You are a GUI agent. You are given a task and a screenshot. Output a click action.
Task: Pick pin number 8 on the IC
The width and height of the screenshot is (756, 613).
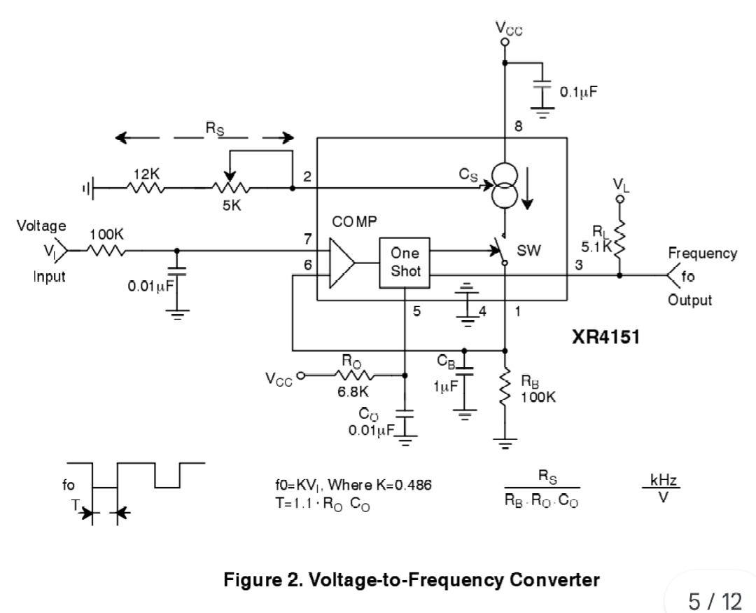[x=519, y=126]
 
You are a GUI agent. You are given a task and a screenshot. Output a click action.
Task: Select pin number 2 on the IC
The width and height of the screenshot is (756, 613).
[x=307, y=177]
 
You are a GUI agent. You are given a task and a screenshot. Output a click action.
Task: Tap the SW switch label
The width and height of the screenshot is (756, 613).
[x=530, y=251]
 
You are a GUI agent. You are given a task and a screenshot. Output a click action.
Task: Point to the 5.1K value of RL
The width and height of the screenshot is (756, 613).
[x=596, y=247]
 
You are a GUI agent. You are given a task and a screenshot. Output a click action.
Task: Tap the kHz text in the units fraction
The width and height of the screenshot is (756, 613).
[x=662, y=481]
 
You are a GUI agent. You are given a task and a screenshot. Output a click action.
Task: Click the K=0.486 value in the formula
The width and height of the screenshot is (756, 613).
[x=406, y=485]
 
